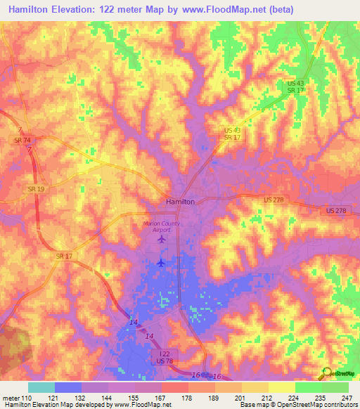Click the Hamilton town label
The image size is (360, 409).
tap(179, 201)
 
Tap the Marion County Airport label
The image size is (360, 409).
tap(162, 226)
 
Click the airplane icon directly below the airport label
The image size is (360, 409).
tap(162, 240)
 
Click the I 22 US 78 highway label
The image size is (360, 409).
tap(165, 357)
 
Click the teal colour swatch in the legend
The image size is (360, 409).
tap(41, 387)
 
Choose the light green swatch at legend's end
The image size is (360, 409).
tap(335, 387)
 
